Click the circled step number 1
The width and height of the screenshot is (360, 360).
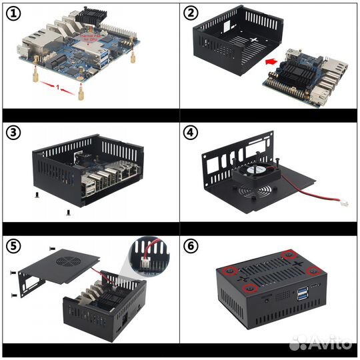[x=13, y=14]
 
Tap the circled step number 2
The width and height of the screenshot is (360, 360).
[x=191, y=13]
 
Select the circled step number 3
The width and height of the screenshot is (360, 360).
[x=13, y=133]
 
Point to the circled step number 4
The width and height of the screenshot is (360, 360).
[x=191, y=132]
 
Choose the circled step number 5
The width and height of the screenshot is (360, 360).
[x=13, y=246]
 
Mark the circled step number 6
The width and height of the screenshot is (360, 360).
[x=191, y=246]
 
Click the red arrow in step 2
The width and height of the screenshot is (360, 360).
[x=271, y=61]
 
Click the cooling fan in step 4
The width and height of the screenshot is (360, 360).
[x=257, y=172]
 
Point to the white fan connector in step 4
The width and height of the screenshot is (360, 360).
[x=344, y=203]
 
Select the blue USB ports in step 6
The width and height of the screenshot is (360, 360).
[x=301, y=293]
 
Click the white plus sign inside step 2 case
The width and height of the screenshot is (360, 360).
[x=254, y=40]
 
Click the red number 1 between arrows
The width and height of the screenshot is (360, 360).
[x=58, y=87]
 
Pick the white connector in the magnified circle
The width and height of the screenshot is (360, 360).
[x=145, y=262]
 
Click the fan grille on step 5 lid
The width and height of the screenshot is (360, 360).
[x=65, y=261]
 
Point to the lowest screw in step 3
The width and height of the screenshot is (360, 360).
[x=68, y=213]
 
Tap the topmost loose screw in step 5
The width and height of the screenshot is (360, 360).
[x=53, y=249]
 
